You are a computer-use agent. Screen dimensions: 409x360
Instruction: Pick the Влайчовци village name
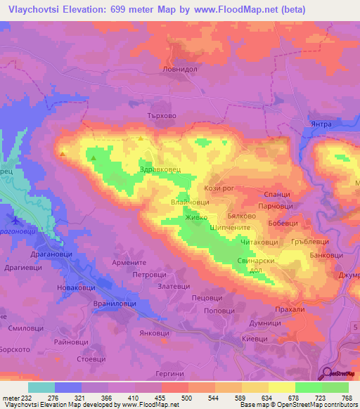pyautogui.click(x=188, y=202)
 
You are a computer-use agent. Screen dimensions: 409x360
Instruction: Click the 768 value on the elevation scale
pyautogui.click(x=346, y=398)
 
